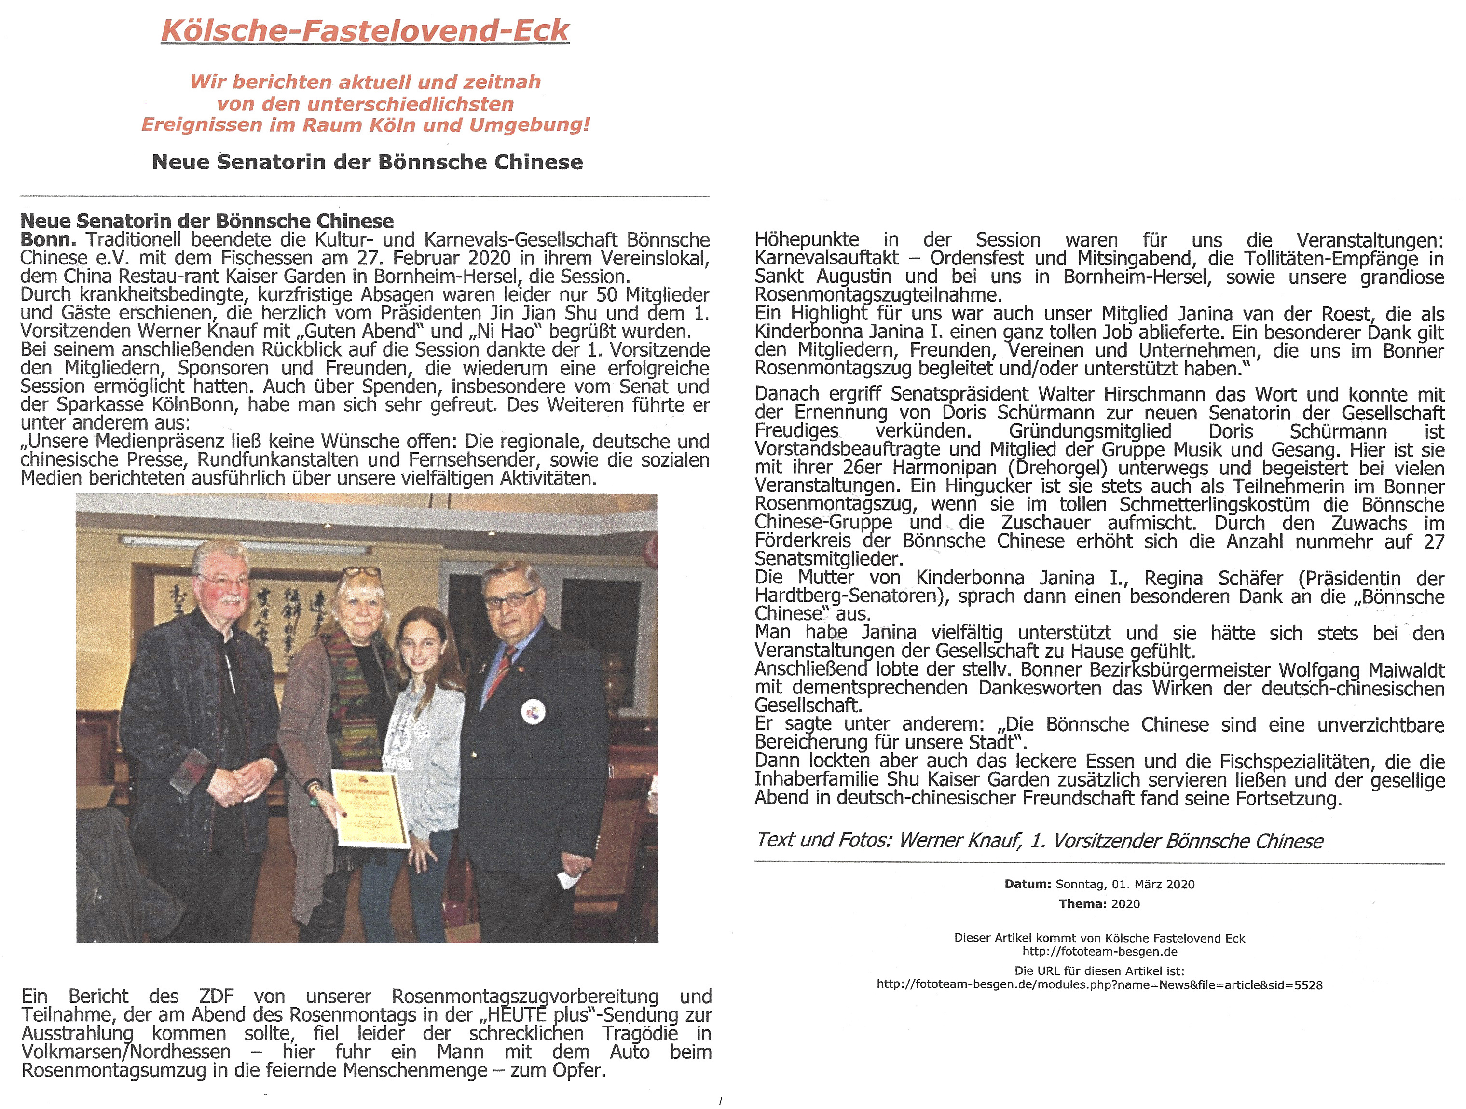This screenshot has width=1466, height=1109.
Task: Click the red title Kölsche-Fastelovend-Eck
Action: click(365, 30)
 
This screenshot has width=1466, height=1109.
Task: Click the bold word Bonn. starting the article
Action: click(48, 239)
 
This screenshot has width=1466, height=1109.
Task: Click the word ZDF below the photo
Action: click(216, 996)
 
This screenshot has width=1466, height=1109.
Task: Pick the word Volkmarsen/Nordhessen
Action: click(126, 1052)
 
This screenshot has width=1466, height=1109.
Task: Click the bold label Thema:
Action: click(1082, 904)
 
